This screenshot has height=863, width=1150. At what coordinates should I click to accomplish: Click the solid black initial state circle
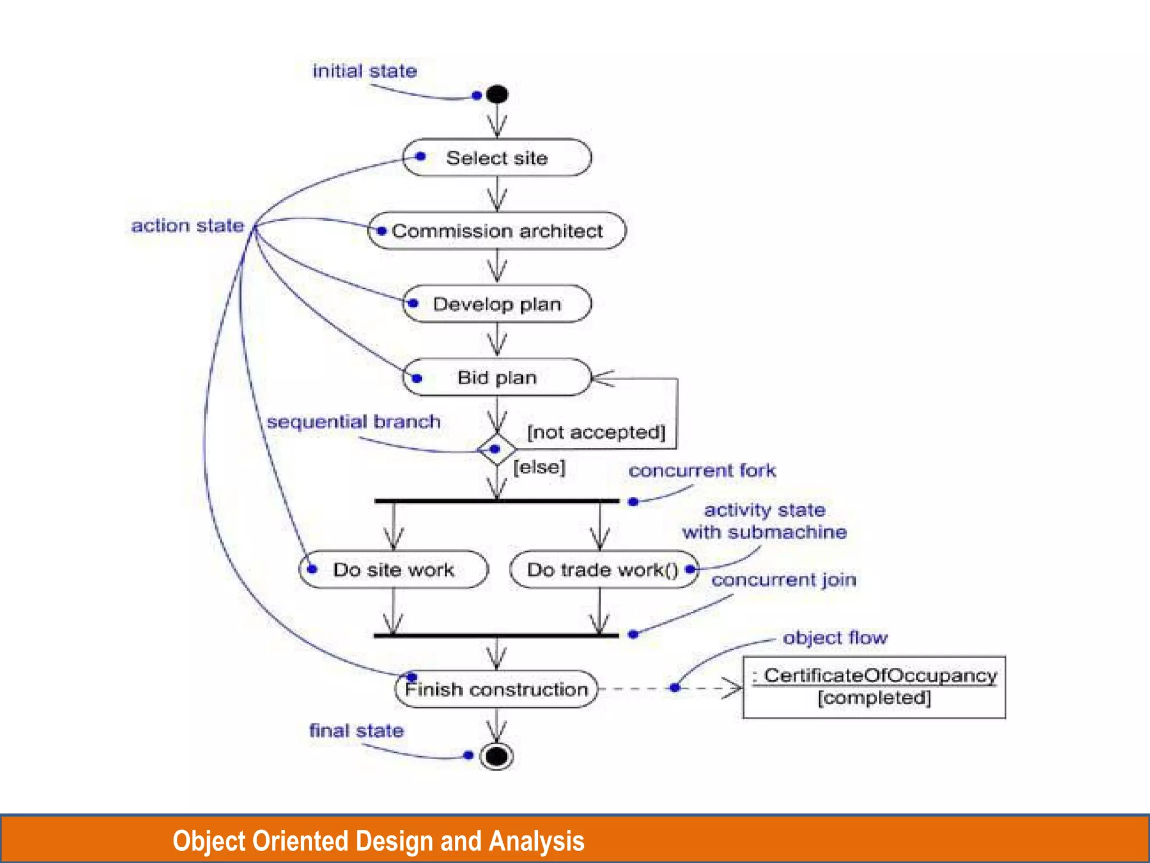coord(497,94)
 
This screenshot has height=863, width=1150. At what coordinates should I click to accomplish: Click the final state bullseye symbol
coord(496,756)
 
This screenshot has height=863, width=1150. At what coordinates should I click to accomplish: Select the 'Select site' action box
coord(497,158)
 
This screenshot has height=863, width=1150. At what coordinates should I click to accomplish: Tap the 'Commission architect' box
coord(497,231)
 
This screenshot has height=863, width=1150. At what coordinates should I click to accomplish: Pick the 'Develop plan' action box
coord(497,304)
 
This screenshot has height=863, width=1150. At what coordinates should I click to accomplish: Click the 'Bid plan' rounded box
coord(497,378)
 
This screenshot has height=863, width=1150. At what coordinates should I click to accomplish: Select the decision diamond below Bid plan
coord(497,449)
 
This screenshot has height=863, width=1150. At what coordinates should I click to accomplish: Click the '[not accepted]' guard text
coord(596,433)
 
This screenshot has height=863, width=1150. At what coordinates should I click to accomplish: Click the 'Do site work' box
coord(394,570)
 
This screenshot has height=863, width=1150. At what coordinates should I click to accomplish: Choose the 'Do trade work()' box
coord(603,570)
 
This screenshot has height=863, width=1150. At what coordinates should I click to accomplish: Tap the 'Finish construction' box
coord(496,689)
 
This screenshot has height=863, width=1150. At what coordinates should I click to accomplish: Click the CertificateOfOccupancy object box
coord(874,687)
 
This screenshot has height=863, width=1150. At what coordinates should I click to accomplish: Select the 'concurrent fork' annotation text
coord(702,470)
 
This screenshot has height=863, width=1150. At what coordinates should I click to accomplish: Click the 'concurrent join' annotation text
coord(784,580)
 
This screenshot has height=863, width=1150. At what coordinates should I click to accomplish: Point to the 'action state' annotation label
coord(188,226)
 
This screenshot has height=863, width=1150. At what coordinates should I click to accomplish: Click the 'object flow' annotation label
coord(835,638)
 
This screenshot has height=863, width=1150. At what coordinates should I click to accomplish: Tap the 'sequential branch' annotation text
coord(353,421)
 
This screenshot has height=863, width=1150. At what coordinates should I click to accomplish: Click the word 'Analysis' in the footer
coord(537,841)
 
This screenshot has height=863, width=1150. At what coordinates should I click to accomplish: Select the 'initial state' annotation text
coord(364,71)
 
